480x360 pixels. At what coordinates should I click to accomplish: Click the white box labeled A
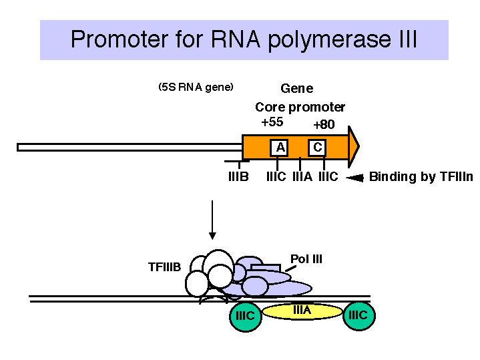pos(279,148)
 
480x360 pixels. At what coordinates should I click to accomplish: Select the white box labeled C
pos(317,148)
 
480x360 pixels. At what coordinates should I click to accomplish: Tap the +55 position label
pos(272,122)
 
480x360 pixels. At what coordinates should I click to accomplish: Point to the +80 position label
pos(324,125)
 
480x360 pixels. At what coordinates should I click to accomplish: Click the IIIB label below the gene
pos(238,177)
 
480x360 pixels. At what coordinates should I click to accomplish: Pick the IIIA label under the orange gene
pos(302,177)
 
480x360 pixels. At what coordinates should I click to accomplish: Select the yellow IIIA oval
pos(302,311)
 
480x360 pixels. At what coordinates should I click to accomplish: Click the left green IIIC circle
pos(246,315)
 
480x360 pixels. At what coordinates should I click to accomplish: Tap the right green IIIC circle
pos(358,315)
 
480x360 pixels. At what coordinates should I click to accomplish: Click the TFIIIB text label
pos(164,267)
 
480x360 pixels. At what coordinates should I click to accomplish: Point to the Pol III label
pos(306,259)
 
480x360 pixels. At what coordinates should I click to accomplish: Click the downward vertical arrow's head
pos(212,236)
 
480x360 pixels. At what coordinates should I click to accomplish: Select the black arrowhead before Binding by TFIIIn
pos(355,178)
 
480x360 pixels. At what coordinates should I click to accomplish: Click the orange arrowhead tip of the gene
pos(359,146)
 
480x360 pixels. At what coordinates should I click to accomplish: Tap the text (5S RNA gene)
pos(196,87)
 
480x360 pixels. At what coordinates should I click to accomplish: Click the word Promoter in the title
pos(119,39)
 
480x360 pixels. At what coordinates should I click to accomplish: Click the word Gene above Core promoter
pos(297,89)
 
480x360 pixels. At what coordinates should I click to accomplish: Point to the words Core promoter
pos(300,108)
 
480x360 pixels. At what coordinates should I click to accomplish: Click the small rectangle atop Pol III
pos(266,268)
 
